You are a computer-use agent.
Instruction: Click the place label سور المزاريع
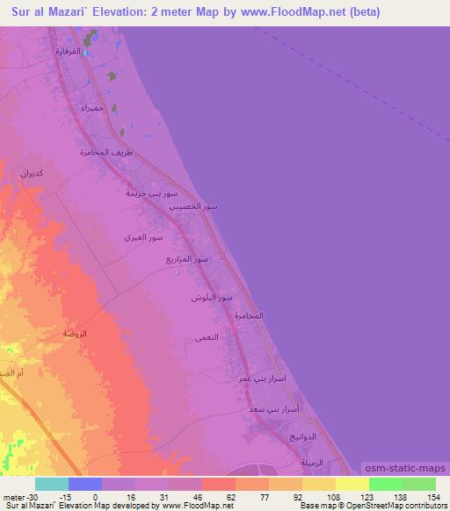[187, 259]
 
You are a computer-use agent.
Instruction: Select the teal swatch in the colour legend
[52, 484]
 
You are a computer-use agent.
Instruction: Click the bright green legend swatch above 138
[385, 484]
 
